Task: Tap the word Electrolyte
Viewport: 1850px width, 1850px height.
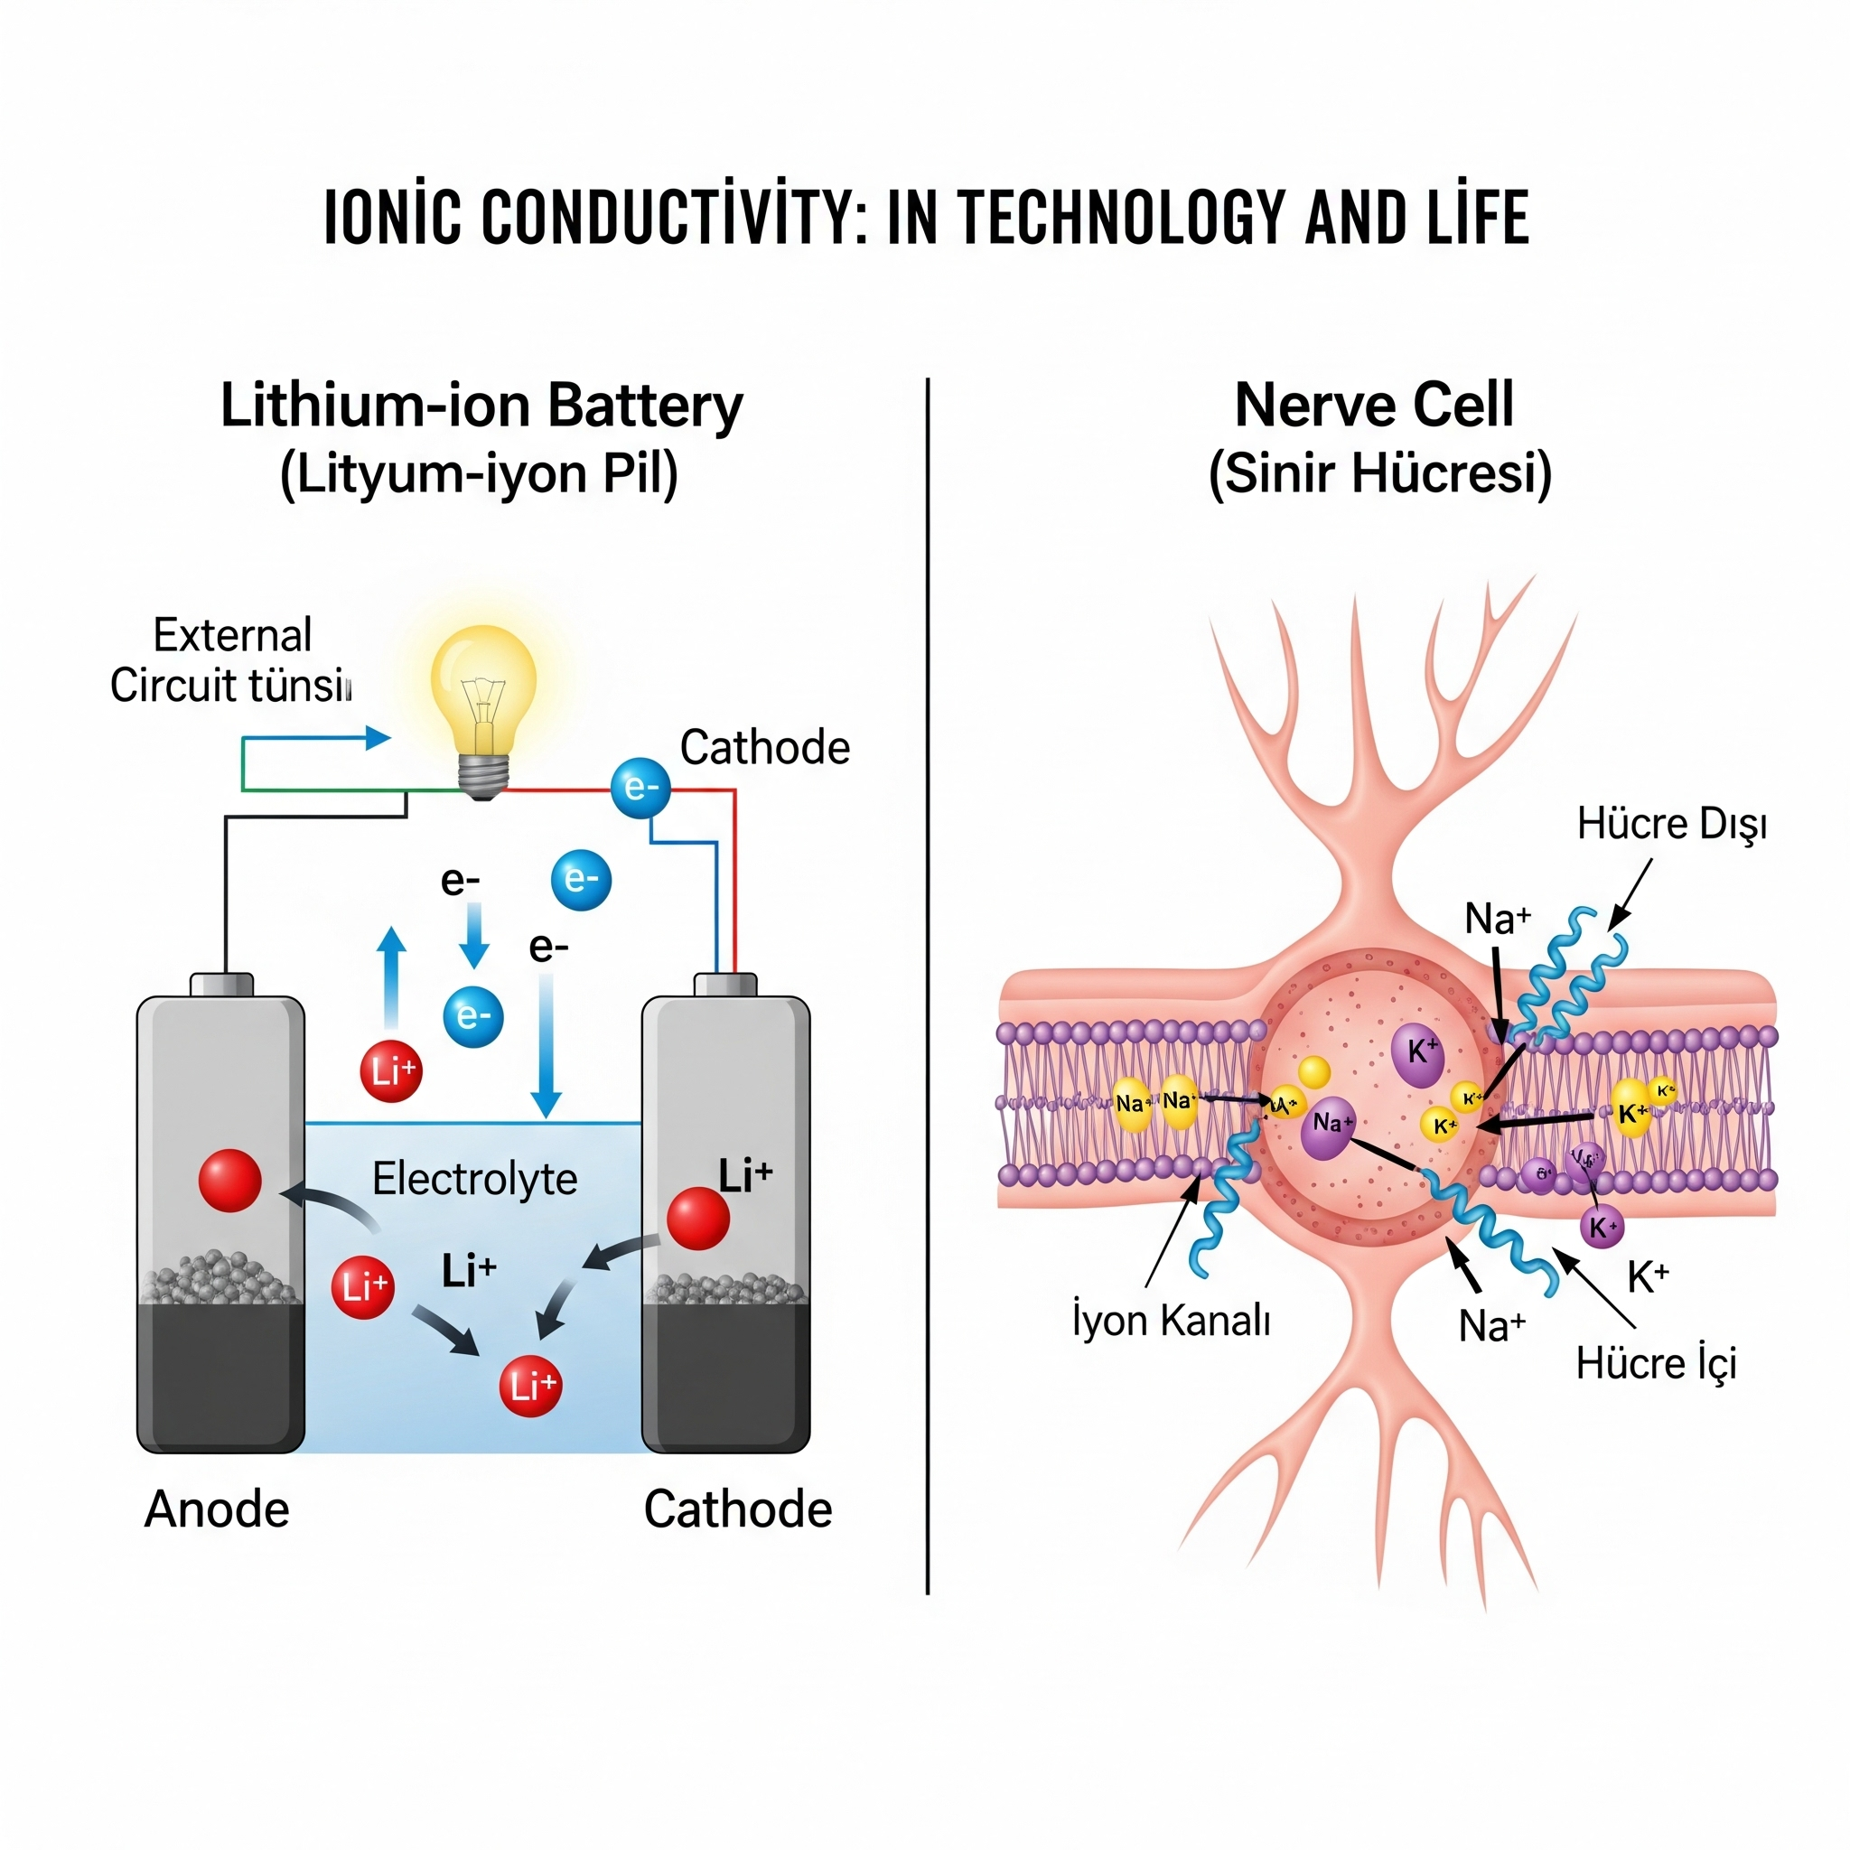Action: pos(474,1179)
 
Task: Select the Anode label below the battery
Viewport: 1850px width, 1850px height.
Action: pos(217,1510)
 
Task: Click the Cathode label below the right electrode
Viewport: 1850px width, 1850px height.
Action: pos(737,1510)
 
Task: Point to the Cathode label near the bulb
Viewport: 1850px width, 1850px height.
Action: pos(764,748)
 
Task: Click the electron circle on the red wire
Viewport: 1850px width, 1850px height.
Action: pos(640,788)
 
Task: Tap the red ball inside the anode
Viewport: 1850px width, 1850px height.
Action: pos(229,1181)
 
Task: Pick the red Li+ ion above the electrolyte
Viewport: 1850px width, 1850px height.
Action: pos(390,1070)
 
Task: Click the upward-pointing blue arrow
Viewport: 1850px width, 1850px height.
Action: pos(390,976)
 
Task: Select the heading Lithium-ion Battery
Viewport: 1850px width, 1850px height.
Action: pos(481,406)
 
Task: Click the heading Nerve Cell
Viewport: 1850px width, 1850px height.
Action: pos(1374,405)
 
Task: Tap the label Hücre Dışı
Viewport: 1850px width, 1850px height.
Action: pos(1671,824)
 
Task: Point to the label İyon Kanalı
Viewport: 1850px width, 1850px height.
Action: pos(1171,1321)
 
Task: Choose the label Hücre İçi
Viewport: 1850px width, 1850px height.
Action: pos(1656,1363)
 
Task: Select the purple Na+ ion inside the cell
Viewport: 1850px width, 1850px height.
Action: pos(1328,1124)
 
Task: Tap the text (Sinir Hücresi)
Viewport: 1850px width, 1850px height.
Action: pos(1380,474)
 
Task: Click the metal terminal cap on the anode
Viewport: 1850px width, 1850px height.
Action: pos(221,985)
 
